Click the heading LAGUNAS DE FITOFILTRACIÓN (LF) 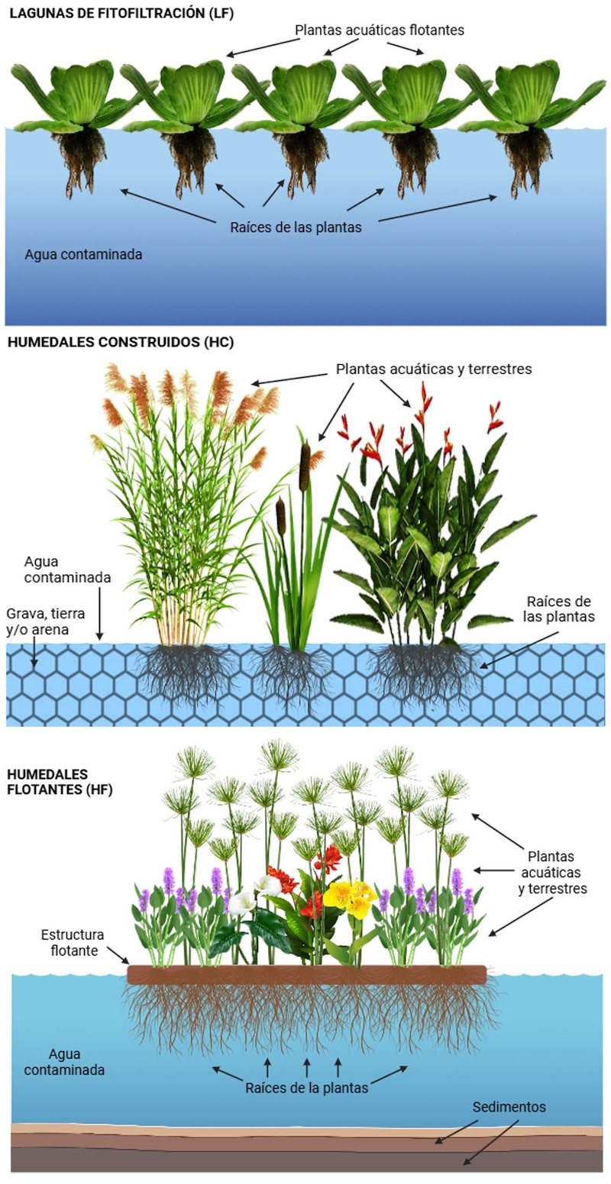click(x=121, y=13)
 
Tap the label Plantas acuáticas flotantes click(x=380, y=30)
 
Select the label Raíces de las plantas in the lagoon click(x=296, y=227)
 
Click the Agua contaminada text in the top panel click(x=83, y=254)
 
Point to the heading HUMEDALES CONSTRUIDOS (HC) click(x=121, y=342)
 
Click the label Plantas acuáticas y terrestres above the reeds click(x=434, y=369)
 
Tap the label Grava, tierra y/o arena click(x=46, y=621)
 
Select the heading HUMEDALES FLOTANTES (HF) click(x=60, y=782)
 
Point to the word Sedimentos click(x=509, y=1106)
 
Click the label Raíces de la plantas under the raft click(x=306, y=1088)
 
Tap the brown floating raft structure click(x=306, y=974)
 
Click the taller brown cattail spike click(x=305, y=467)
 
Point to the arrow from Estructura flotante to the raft click(x=118, y=954)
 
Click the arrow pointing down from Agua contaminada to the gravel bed click(x=99, y=614)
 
